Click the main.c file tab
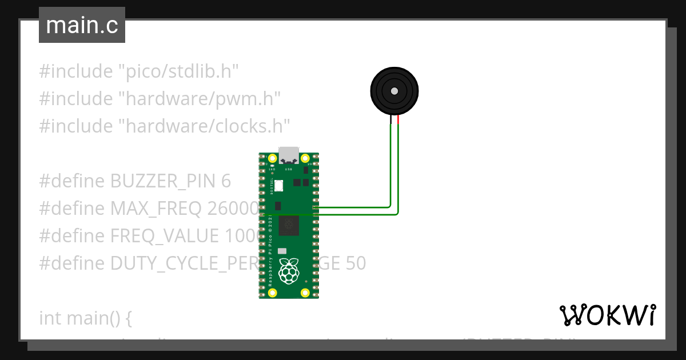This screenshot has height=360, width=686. [x=82, y=25]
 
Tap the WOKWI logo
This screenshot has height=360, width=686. [x=607, y=314]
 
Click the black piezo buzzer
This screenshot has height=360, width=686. [x=394, y=91]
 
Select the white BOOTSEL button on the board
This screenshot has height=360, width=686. [x=279, y=186]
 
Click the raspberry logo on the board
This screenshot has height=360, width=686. [x=289, y=271]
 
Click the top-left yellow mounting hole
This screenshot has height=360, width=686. [x=272, y=158]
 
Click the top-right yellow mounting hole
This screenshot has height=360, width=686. [x=305, y=158]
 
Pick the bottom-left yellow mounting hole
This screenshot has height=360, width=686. [x=272, y=293]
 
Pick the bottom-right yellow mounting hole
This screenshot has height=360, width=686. [x=305, y=293]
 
